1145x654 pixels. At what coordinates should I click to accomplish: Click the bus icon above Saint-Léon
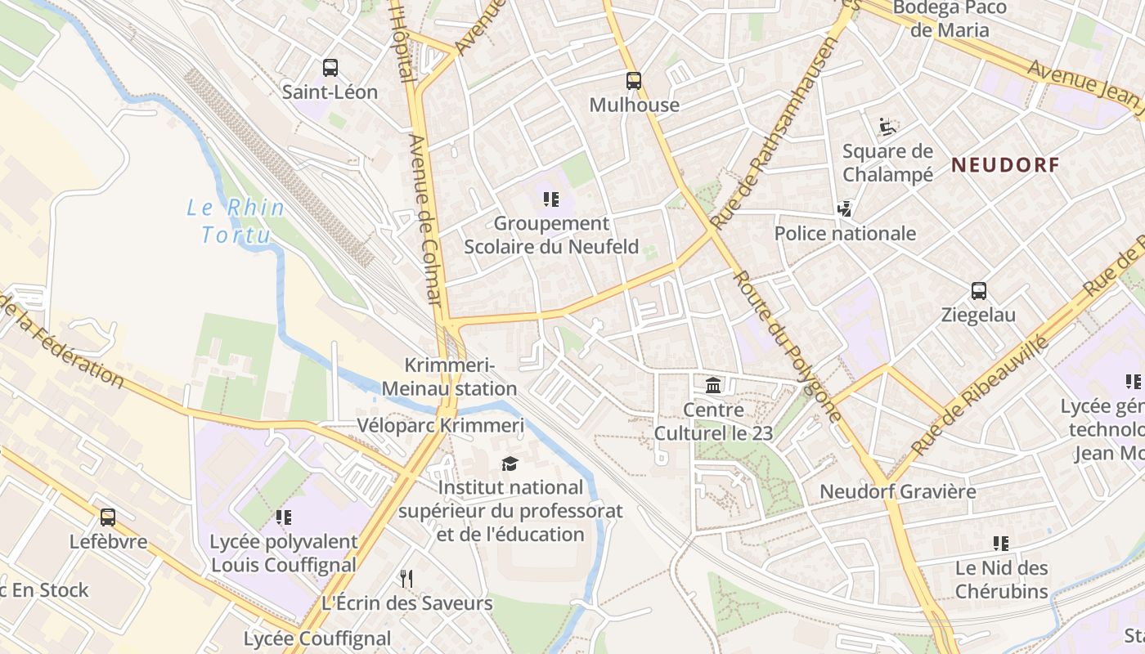330,68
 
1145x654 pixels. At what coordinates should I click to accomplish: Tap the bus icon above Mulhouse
634,81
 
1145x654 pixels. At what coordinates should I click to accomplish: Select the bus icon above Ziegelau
978,291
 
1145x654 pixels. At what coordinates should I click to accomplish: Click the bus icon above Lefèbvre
108,517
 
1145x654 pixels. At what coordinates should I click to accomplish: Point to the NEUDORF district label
1005,165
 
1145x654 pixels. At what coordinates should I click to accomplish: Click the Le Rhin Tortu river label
236,222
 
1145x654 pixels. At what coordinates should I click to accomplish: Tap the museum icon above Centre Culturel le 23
713,385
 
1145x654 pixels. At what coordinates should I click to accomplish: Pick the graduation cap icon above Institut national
510,464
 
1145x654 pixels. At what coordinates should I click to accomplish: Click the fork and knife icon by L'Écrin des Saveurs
406,579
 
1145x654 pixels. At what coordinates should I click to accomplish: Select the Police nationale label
845,234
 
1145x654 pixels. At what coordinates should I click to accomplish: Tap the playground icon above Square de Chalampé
887,127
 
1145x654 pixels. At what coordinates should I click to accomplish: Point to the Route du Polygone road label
788,347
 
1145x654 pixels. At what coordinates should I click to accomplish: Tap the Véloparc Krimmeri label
440,426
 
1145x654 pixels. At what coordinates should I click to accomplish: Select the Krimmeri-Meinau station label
461,378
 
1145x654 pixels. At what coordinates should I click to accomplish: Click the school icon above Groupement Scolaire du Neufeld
550,199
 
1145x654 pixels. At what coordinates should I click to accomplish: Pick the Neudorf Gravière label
897,492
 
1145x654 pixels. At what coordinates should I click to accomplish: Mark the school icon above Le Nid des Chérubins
1000,544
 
